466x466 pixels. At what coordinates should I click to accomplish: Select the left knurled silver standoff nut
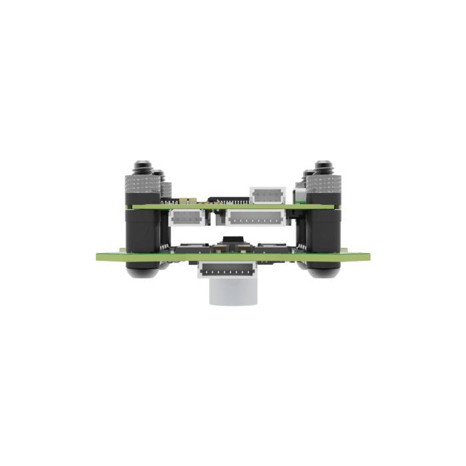pyautogui.click(x=143, y=186)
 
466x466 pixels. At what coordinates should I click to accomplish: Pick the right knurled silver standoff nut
pyautogui.click(x=323, y=186)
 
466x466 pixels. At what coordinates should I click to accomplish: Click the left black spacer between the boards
pyautogui.click(x=142, y=230)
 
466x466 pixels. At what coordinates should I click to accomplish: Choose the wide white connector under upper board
pyautogui.click(x=254, y=218)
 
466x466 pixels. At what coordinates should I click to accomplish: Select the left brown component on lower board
pyautogui.click(x=217, y=249)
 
